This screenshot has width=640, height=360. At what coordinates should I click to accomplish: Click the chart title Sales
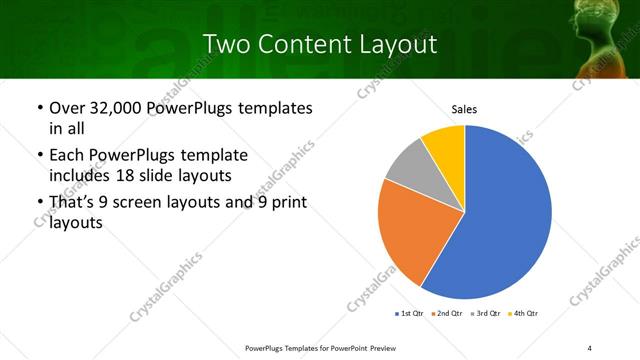tap(464, 108)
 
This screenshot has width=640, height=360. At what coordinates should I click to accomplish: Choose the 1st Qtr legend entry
tap(410, 314)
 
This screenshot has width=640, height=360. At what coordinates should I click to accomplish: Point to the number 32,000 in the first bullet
tap(114, 108)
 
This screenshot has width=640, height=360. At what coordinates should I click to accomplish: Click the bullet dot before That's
tap(39, 204)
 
